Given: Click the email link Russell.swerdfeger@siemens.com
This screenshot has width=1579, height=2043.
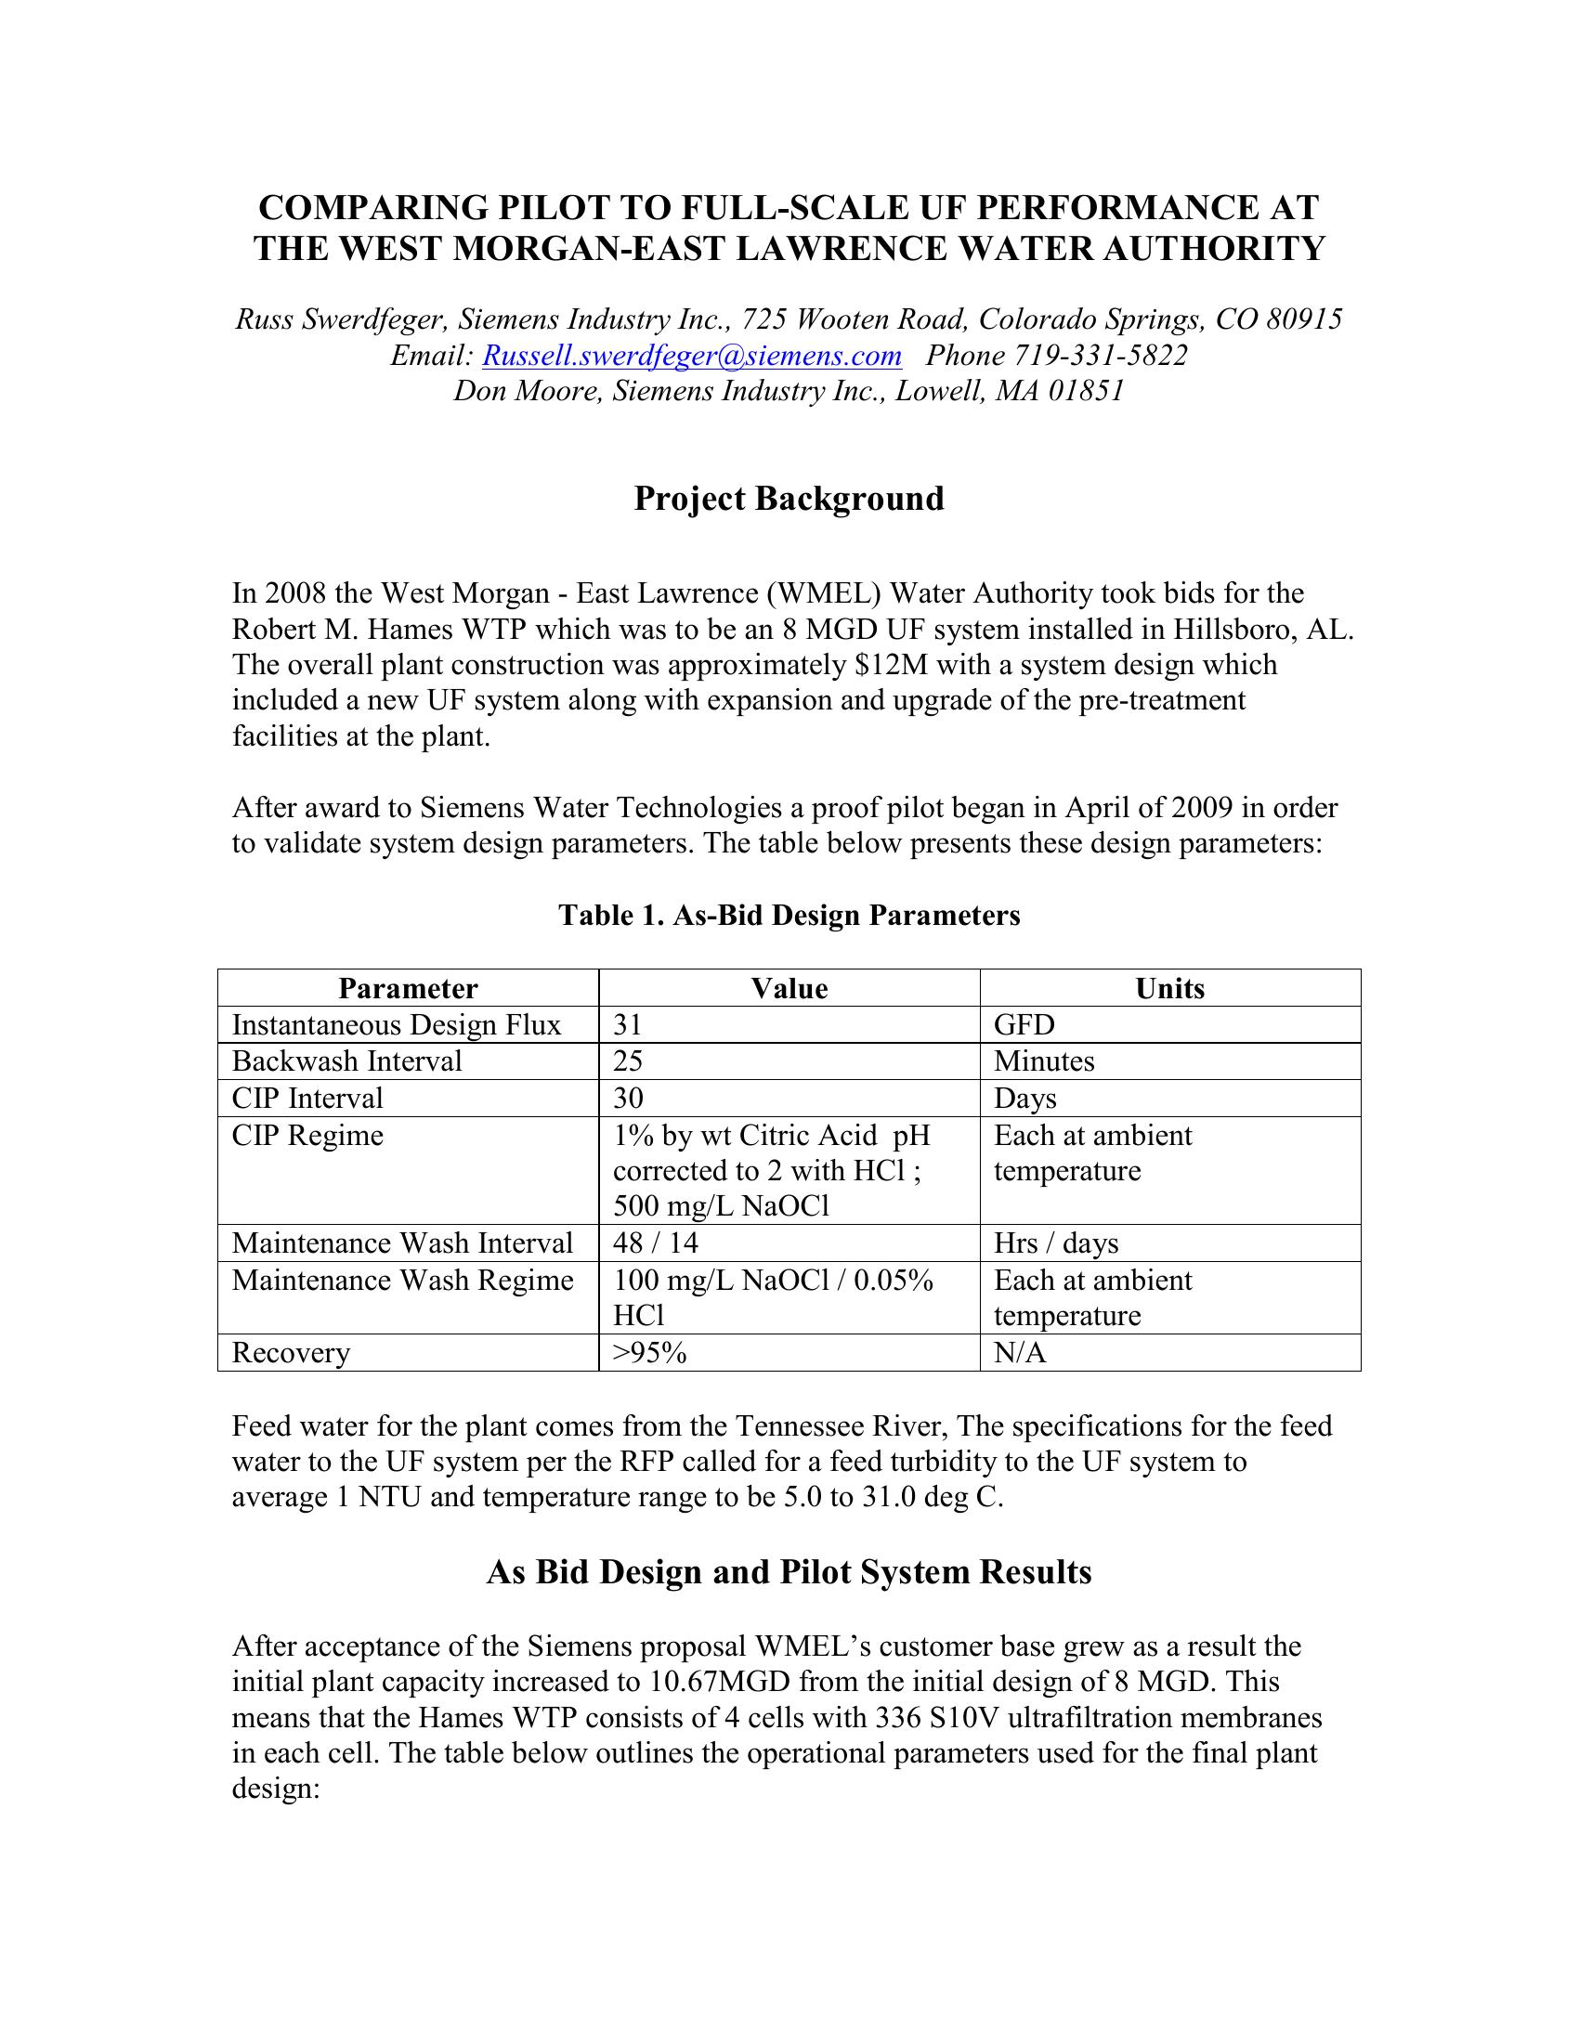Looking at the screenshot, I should (691, 356).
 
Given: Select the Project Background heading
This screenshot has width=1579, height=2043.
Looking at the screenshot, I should (789, 499).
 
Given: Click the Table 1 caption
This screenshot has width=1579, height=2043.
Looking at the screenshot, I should (789, 914).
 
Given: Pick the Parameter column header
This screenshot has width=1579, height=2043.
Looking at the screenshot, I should (408, 989).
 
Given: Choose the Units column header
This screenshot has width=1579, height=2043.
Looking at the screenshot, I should (1169, 989).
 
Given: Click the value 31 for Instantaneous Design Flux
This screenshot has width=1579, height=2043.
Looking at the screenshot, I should (628, 1025).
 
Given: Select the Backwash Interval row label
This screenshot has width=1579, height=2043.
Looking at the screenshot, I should (347, 1061).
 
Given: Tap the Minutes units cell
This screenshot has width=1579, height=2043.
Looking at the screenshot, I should (1044, 1061).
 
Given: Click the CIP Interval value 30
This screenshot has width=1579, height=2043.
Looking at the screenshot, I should (628, 1099).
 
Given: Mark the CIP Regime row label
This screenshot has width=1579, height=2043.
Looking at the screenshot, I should (307, 1136).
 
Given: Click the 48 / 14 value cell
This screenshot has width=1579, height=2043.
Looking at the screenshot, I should (656, 1243).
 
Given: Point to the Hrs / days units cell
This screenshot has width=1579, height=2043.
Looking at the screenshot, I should (1056, 1243).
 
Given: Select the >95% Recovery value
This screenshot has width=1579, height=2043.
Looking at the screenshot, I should (650, 1353).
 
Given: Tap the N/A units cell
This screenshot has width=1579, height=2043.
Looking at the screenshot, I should (1020, 1353).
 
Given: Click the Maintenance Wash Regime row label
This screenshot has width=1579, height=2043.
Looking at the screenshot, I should (402, 1280).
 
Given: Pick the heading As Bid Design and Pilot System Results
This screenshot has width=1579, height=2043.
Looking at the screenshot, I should (789, 1572).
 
